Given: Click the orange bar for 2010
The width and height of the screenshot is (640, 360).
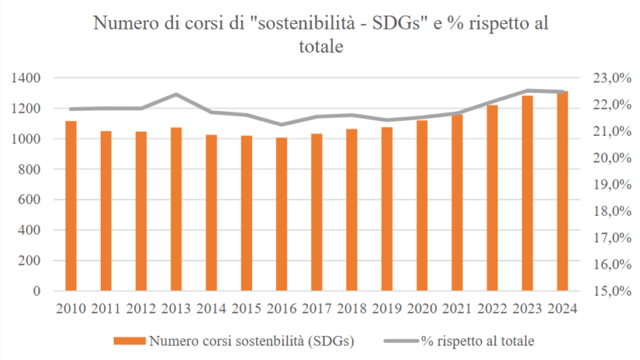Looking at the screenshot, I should coord(71,206).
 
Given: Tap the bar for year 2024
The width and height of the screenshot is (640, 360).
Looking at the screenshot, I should coord(562,191).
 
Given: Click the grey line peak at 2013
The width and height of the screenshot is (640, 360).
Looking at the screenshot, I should coord(176,94).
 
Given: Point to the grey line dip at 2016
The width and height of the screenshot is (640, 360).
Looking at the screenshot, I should coord(282,125).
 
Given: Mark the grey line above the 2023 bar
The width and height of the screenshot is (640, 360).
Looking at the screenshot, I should coord(527,90).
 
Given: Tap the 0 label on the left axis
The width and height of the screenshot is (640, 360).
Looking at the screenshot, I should coord(38,291).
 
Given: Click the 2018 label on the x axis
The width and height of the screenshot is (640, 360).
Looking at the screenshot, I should coord(352,308).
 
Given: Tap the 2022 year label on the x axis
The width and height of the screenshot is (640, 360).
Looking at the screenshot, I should coord(492,308).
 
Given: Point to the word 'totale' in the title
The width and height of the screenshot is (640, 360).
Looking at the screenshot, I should coord(320,47).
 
